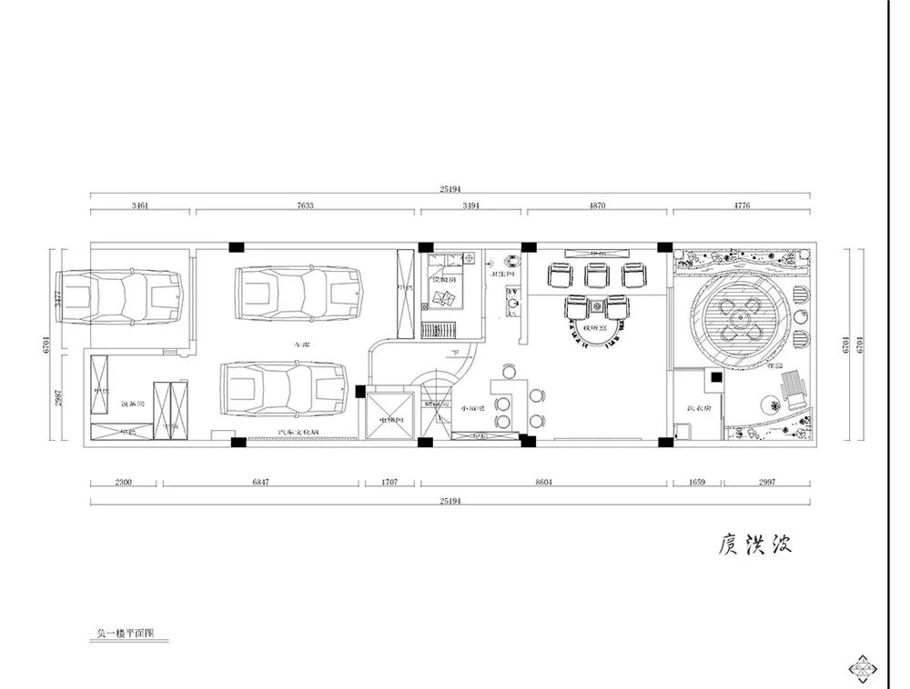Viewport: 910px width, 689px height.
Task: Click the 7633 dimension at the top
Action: click(x=305, y=206)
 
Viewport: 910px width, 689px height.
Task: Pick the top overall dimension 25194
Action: click(x=450, y=190)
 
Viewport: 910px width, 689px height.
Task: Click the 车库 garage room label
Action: click(x=301, y=345)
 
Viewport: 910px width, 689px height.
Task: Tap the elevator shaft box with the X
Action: click(x=391, y=414)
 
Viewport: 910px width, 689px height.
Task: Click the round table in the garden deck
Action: click(x=737, y=318)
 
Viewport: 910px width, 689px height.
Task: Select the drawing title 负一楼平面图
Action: click(x=126, y=633)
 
